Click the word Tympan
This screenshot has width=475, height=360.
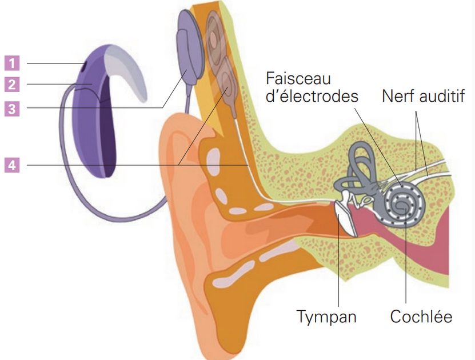tap(326, 316)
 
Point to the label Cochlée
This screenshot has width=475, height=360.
tap(421, 316)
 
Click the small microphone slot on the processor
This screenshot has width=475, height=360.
tap(84, 66)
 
